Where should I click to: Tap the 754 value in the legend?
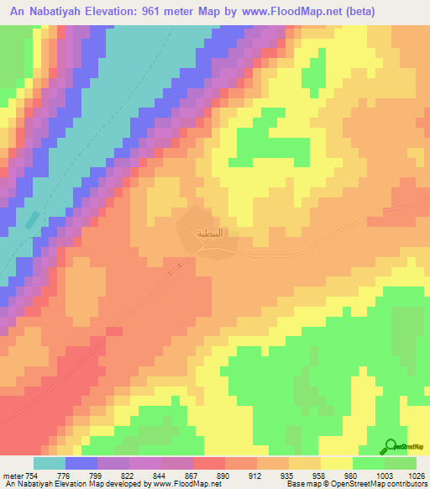tap(30, 476)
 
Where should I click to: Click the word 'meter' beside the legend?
tap(12, 476)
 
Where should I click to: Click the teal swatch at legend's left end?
tap(50, 463)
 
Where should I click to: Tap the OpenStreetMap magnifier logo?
tap(391, 446)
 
